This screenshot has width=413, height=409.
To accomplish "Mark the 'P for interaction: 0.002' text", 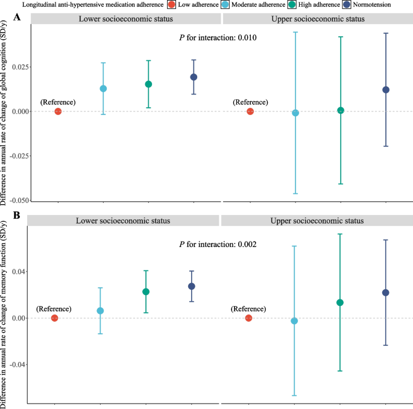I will (218, 245).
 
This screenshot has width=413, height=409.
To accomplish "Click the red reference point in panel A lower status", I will (58, 111).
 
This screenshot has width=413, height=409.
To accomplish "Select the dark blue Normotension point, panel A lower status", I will (194, 77).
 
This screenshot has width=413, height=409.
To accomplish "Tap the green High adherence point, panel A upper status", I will (341, 110).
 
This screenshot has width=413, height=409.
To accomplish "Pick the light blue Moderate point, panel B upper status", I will (294, 321).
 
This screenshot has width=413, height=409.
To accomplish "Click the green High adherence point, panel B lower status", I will (146, 292).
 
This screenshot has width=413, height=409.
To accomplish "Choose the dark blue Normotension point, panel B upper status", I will (386, 293).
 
